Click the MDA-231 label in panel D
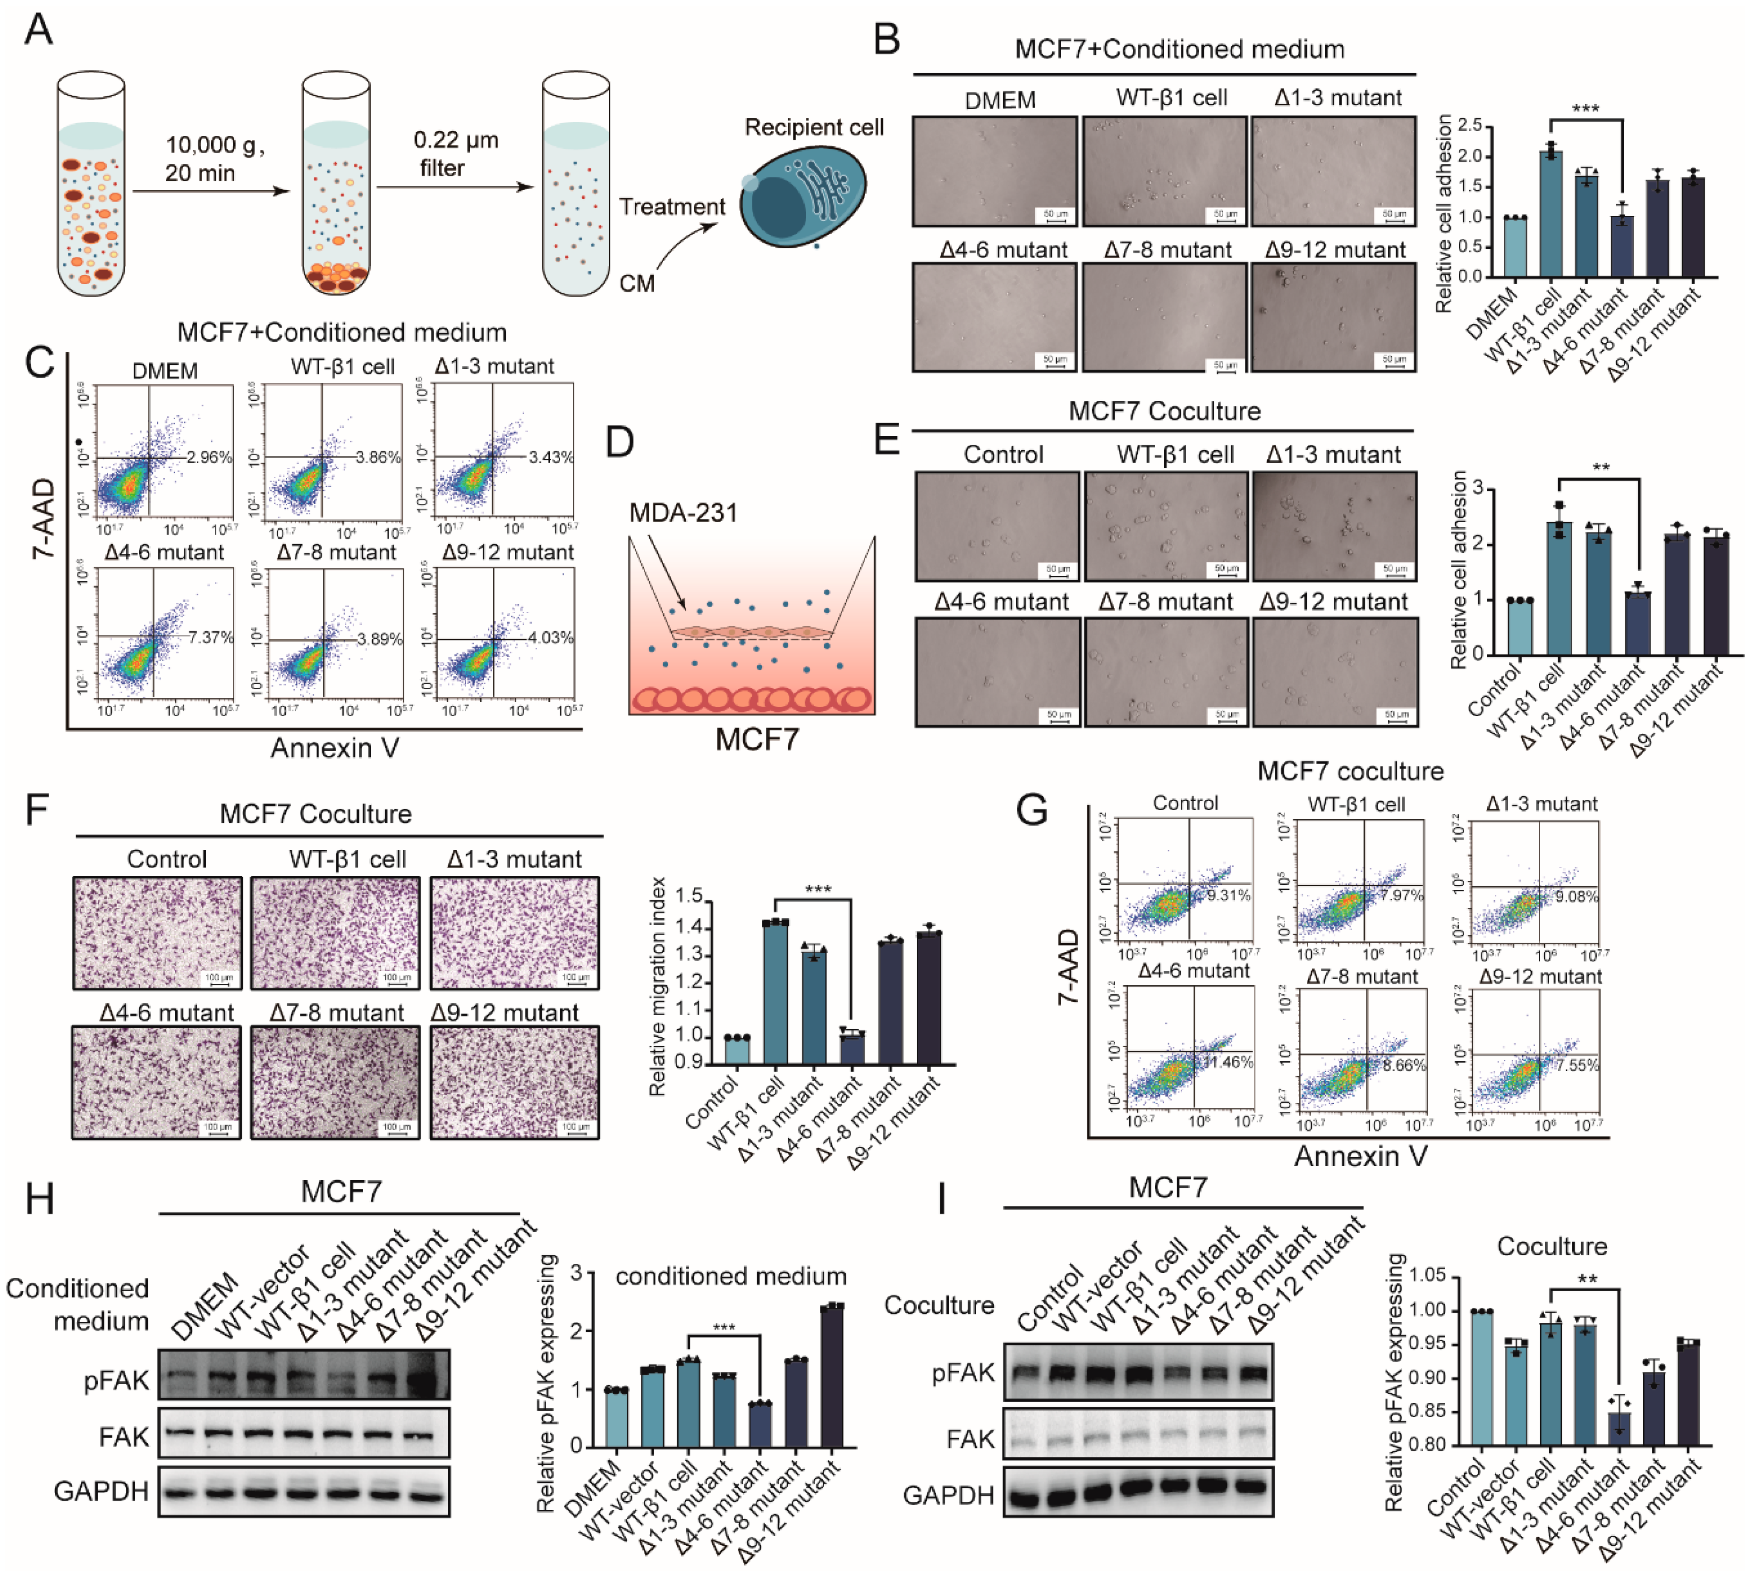683,513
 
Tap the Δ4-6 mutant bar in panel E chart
1637,623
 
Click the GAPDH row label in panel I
948,1495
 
